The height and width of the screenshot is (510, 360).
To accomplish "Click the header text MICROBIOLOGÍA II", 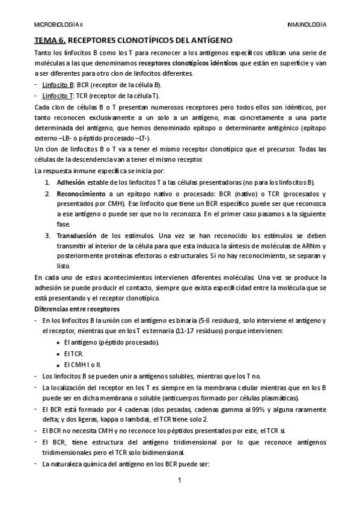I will (59, 25).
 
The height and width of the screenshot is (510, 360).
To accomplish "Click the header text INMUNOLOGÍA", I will (307, 25).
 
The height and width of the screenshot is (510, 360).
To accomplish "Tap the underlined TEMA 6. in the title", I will (49, 41).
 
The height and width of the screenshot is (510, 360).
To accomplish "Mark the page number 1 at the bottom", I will (180, 481).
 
